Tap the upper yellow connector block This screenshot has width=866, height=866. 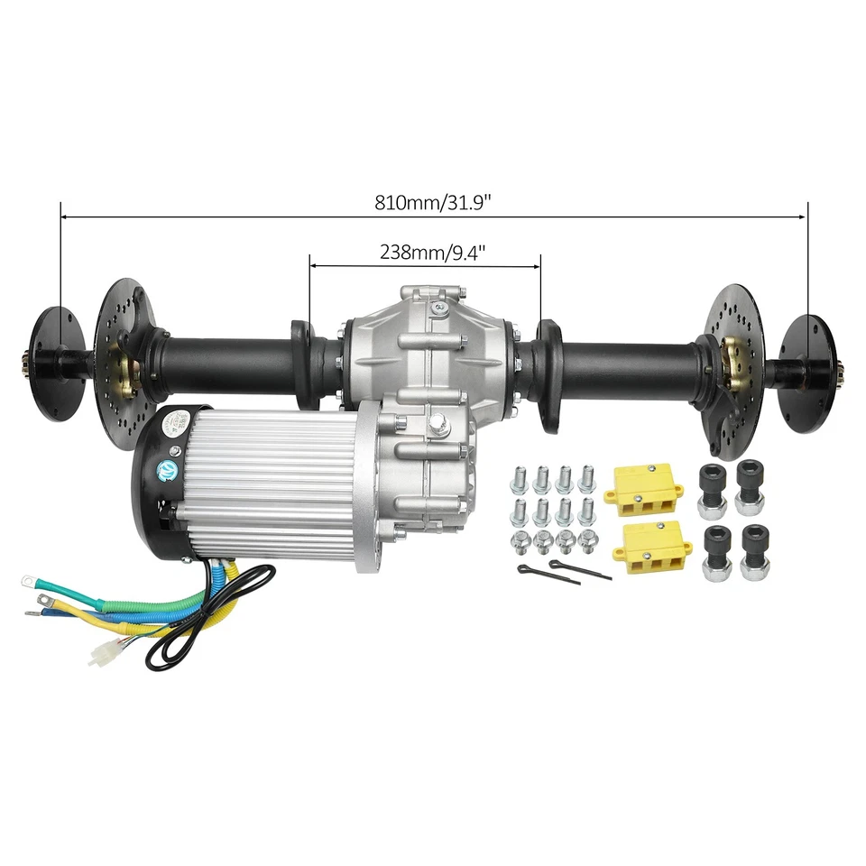point(647,488)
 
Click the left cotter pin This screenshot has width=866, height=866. point(538,570)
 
